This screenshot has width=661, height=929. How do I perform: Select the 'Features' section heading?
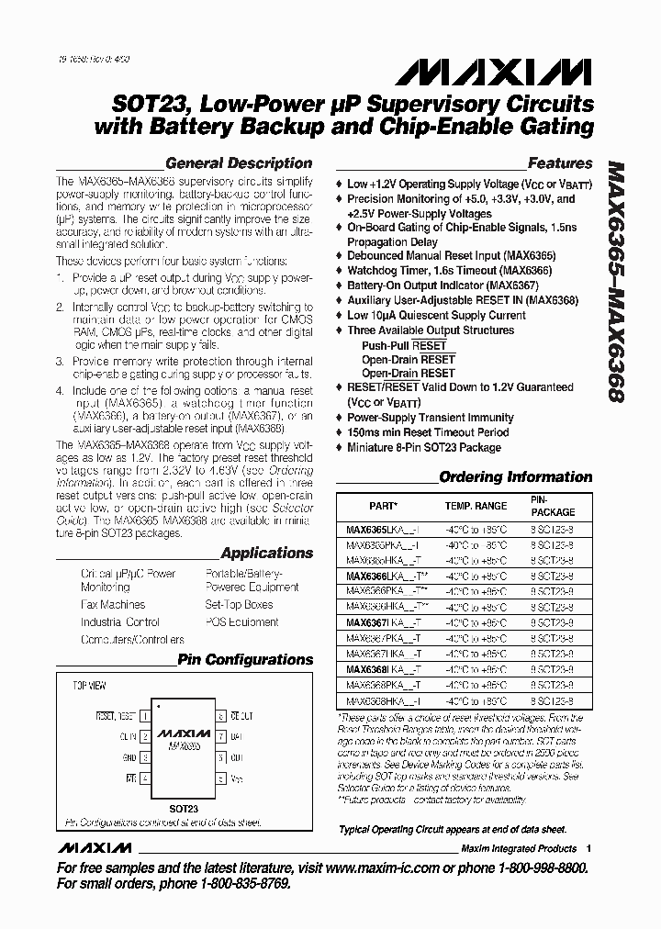560,163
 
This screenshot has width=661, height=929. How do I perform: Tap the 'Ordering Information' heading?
515,476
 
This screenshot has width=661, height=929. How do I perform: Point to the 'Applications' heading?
266,553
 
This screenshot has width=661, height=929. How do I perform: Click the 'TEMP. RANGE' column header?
476,506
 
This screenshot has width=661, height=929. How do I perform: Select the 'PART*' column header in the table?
383,506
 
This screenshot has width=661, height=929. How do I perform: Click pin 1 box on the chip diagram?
144,715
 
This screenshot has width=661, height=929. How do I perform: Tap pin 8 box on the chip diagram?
219,715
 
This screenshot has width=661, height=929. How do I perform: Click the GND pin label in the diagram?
129,757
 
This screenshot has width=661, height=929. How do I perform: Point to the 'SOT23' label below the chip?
184,808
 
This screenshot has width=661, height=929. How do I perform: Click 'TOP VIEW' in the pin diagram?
89,686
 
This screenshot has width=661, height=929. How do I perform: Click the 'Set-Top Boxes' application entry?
239,605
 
